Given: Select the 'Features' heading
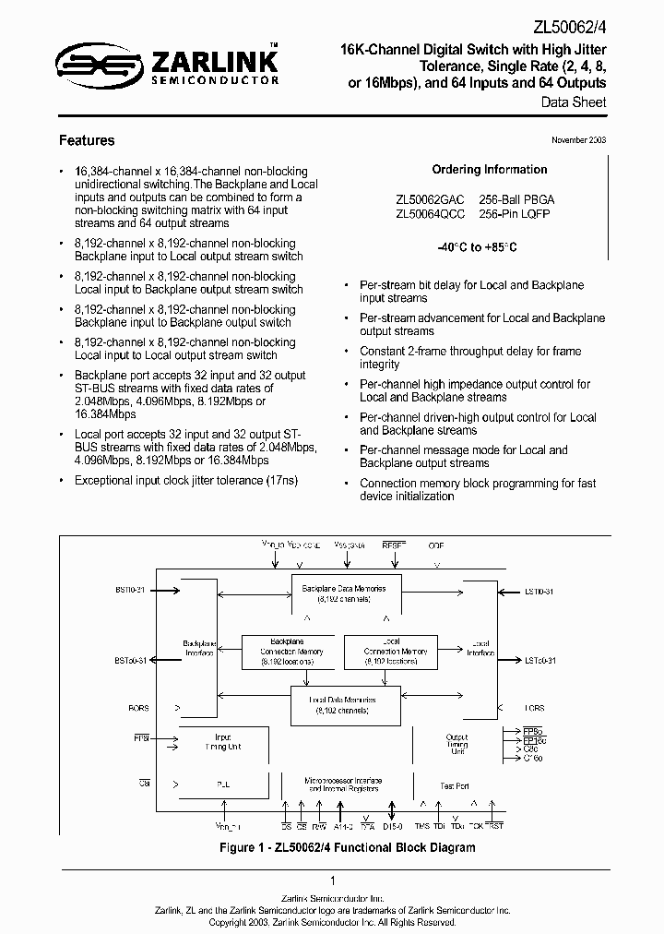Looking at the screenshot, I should tap(87, 141).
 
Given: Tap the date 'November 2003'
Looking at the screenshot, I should tap(578, 139).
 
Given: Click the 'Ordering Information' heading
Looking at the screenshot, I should tap(489, 170).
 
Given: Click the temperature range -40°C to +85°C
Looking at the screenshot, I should tap(489, 248).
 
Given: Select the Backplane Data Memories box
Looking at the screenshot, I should tap(338, 593).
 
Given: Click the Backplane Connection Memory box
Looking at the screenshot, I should tap(286, 651).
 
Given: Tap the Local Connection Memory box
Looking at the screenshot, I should tap(389, 651).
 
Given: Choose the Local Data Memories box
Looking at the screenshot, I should tap(338, 704).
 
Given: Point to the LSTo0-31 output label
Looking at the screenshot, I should tap(542, 661).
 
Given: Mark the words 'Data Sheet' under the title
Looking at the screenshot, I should tap(574, 102).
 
